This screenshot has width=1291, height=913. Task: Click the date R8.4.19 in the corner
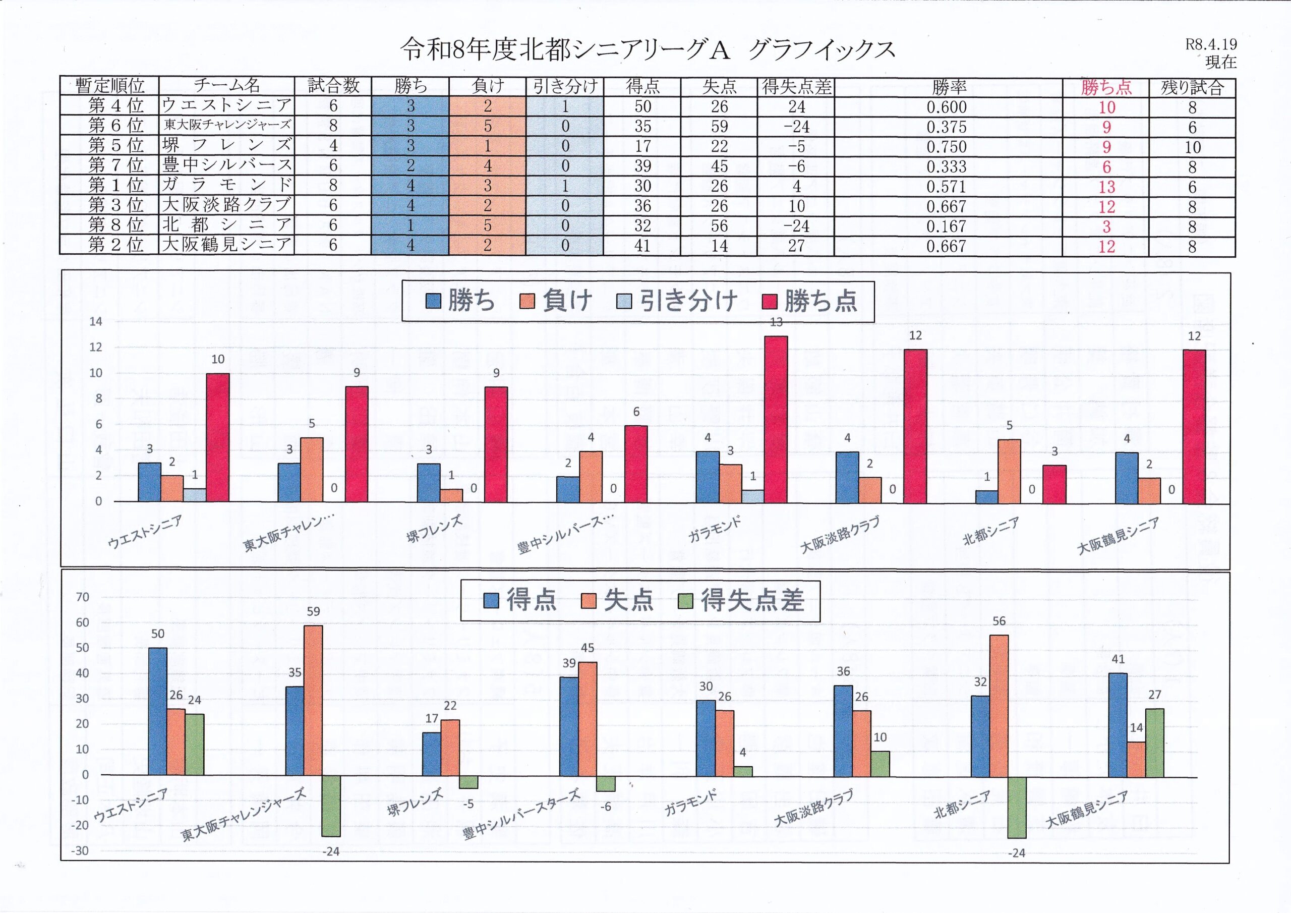point(1211,44)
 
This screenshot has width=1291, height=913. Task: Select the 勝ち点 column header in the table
point(1106,87)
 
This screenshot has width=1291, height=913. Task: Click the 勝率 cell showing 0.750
point(947,147)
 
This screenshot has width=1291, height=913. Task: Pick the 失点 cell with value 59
point(719,127)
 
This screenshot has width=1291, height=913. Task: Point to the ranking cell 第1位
point(116,185)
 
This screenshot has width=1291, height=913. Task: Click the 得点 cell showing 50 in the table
point(642,106)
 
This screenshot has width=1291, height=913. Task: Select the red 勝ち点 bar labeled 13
point(776,419)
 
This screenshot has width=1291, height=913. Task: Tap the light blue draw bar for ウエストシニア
point(195,495)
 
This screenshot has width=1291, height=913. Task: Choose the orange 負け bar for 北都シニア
point(1009,471)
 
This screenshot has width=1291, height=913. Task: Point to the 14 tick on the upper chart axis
point(96,322)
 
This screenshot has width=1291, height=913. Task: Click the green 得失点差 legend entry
point(742,601)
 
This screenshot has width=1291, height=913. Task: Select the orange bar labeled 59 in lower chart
point(313,700)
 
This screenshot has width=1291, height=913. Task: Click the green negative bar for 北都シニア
point(1017,807)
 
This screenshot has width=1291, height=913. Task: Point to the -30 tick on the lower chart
point(80,850)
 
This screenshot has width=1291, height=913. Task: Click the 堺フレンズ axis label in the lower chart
point(415,802)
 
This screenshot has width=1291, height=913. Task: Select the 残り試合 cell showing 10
point(1192,147)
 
